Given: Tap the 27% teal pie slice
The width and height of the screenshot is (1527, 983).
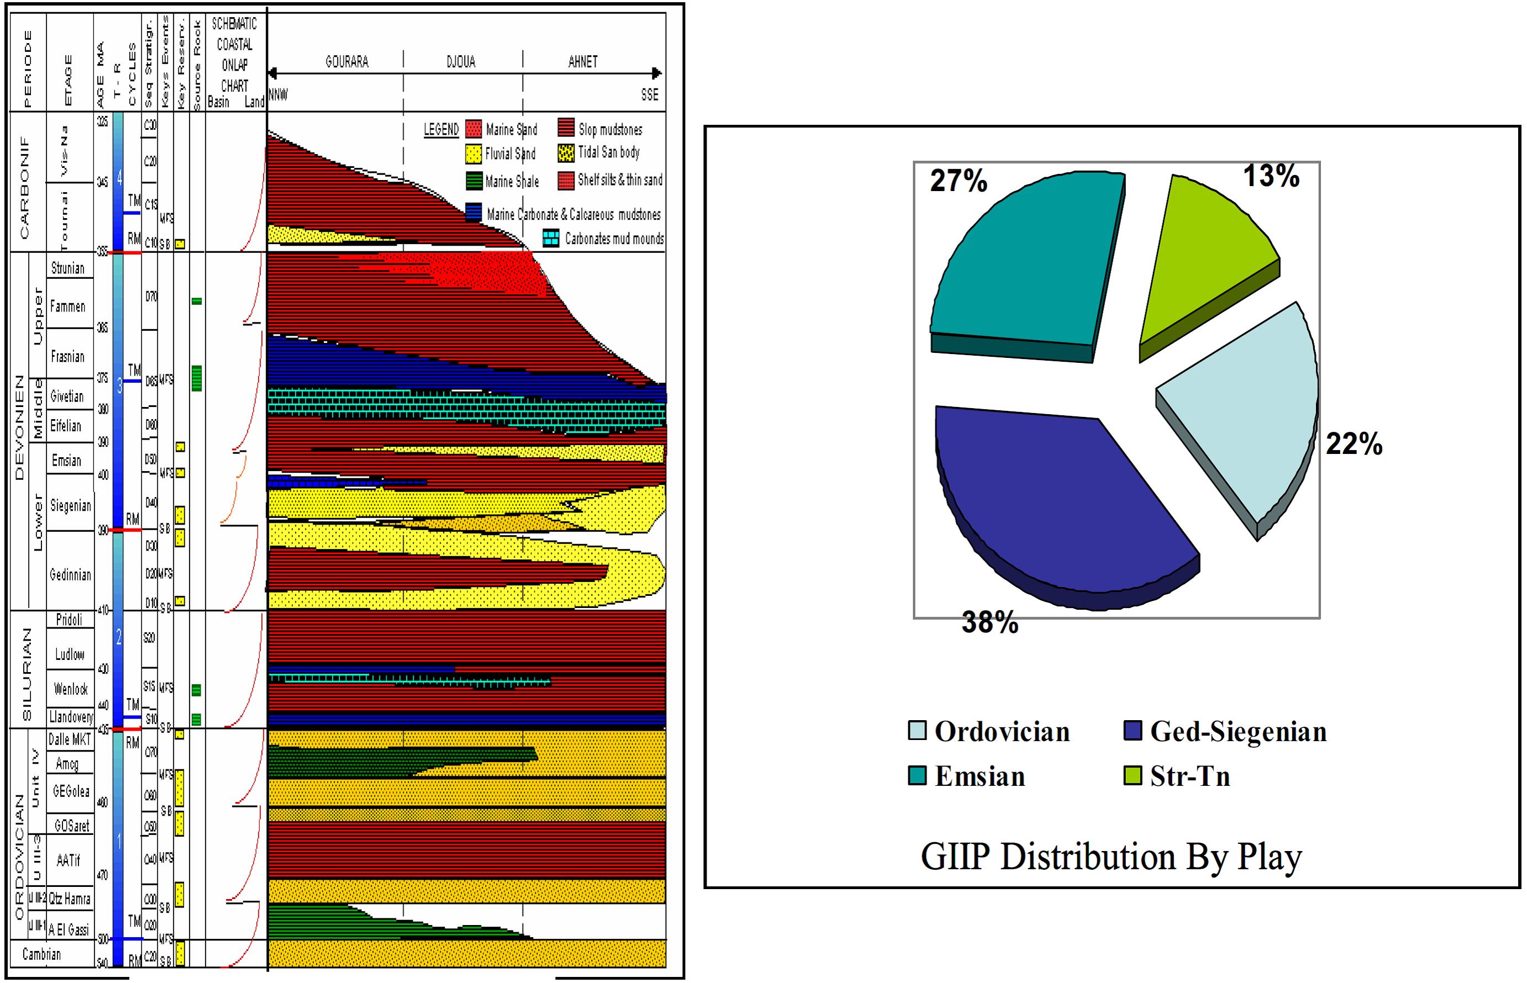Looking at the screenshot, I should pyautogui.click(x=1021, y=262).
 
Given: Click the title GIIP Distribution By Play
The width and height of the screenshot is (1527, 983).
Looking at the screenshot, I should pyautogui.click(x=1111, y=857).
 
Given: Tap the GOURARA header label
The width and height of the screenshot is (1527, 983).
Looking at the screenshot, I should pyautogui.click(x=346, y=62).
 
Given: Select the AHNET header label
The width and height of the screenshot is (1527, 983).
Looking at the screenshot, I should pyautogui.click(x=583, y=62).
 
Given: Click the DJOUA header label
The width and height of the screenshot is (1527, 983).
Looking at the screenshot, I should pyautogui.click(x=460, y=62).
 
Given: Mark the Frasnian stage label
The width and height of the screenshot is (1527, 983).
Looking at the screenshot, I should pyautogui.click(x=67, y=356).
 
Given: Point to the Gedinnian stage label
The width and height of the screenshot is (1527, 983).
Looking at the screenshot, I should pyautogui.click(x=70, y=574).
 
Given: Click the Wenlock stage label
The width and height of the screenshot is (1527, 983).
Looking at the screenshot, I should pyautogui.click(x=70, y=689).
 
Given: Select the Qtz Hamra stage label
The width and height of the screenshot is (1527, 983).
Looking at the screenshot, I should pyautogui.click(x=69, y=899).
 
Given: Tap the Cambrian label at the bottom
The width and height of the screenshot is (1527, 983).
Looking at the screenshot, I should pyautogui.click(x=41, y=954).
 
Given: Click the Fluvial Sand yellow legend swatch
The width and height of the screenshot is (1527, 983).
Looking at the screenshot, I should pyautogui.click(x=473, y=155).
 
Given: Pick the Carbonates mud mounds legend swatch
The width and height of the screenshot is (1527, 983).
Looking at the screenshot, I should pyautogui.click(x=550, y=239).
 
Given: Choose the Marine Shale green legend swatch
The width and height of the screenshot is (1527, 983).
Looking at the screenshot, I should pyautogui.click(x=473, y=181).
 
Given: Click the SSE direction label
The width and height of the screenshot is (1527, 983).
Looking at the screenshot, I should pyautogui.click(x=649, y=95).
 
